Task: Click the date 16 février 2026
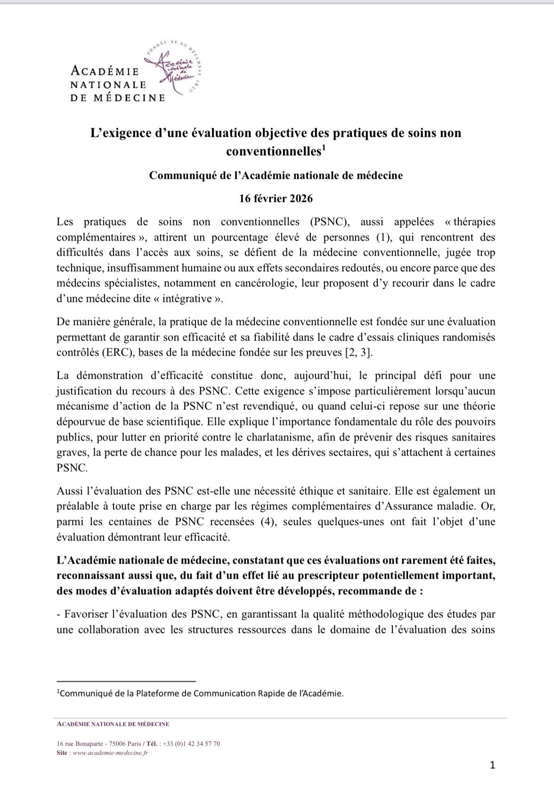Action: point(276,199)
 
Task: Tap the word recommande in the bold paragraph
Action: point(377,591)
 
